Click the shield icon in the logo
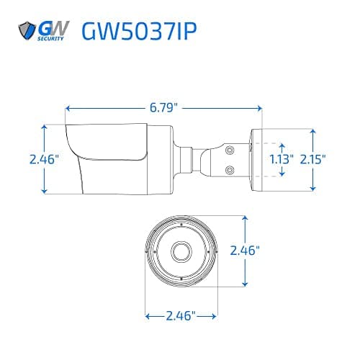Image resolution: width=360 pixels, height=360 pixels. (x=27, y=30)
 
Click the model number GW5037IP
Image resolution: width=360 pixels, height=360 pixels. (x=140, y=31)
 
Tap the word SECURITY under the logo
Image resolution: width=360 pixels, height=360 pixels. (x=50, y=38)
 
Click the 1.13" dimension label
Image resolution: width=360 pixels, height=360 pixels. (x=282, y=159)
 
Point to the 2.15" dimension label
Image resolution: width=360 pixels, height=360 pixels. (x=313, y=159)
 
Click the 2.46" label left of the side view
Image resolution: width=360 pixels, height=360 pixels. (x=44, y=159)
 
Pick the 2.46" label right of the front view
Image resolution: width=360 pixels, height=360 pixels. (x=245, y=251)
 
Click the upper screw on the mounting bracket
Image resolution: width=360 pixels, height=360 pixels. (x=230, y=150)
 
